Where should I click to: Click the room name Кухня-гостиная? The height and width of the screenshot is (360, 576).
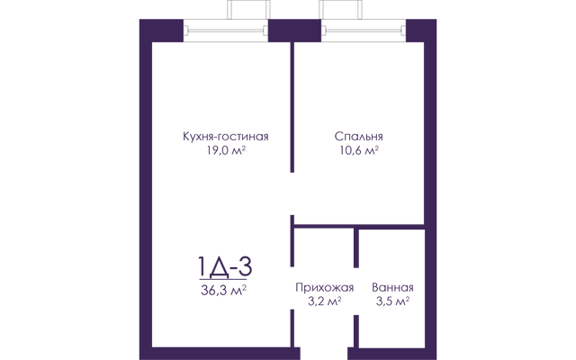(x=226, y=137)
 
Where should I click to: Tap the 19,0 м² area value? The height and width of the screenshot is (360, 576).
(x=226, y=150)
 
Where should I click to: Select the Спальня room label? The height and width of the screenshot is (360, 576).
(x=358, y=137)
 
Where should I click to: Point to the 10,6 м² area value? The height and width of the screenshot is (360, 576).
(x=359, y=150)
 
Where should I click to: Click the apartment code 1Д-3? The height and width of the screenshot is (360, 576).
(x=225, y=267)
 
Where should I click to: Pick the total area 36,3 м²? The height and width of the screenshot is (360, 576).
(x=223, y=290)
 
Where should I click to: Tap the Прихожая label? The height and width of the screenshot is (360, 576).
(x=324, y=287)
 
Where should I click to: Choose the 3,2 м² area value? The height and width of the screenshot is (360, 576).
(x=325, y=301)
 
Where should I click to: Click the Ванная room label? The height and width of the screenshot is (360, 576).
(x=392, y=287)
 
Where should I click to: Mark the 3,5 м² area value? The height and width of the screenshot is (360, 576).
(x=392, y=301)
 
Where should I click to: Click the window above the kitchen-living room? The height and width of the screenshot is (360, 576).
(x=226, y=31)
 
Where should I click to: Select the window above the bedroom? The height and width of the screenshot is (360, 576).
(x=364, y=31)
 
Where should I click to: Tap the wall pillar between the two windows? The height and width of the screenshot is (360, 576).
(x=294, y=31)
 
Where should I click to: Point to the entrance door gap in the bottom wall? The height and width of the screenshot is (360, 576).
(x=324, y=354)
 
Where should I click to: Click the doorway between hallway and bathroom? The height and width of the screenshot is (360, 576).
(x=356, y=291)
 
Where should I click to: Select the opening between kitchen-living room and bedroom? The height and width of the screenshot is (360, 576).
(x=292, y=193)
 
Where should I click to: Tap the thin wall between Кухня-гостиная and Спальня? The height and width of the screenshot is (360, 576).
(x=292, y=107)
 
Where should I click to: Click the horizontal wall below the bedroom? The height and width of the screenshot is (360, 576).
(x=359, y=227)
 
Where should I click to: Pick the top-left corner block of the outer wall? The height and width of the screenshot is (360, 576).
(x=161, y=31)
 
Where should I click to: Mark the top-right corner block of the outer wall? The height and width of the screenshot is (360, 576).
(x=421, y=31)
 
